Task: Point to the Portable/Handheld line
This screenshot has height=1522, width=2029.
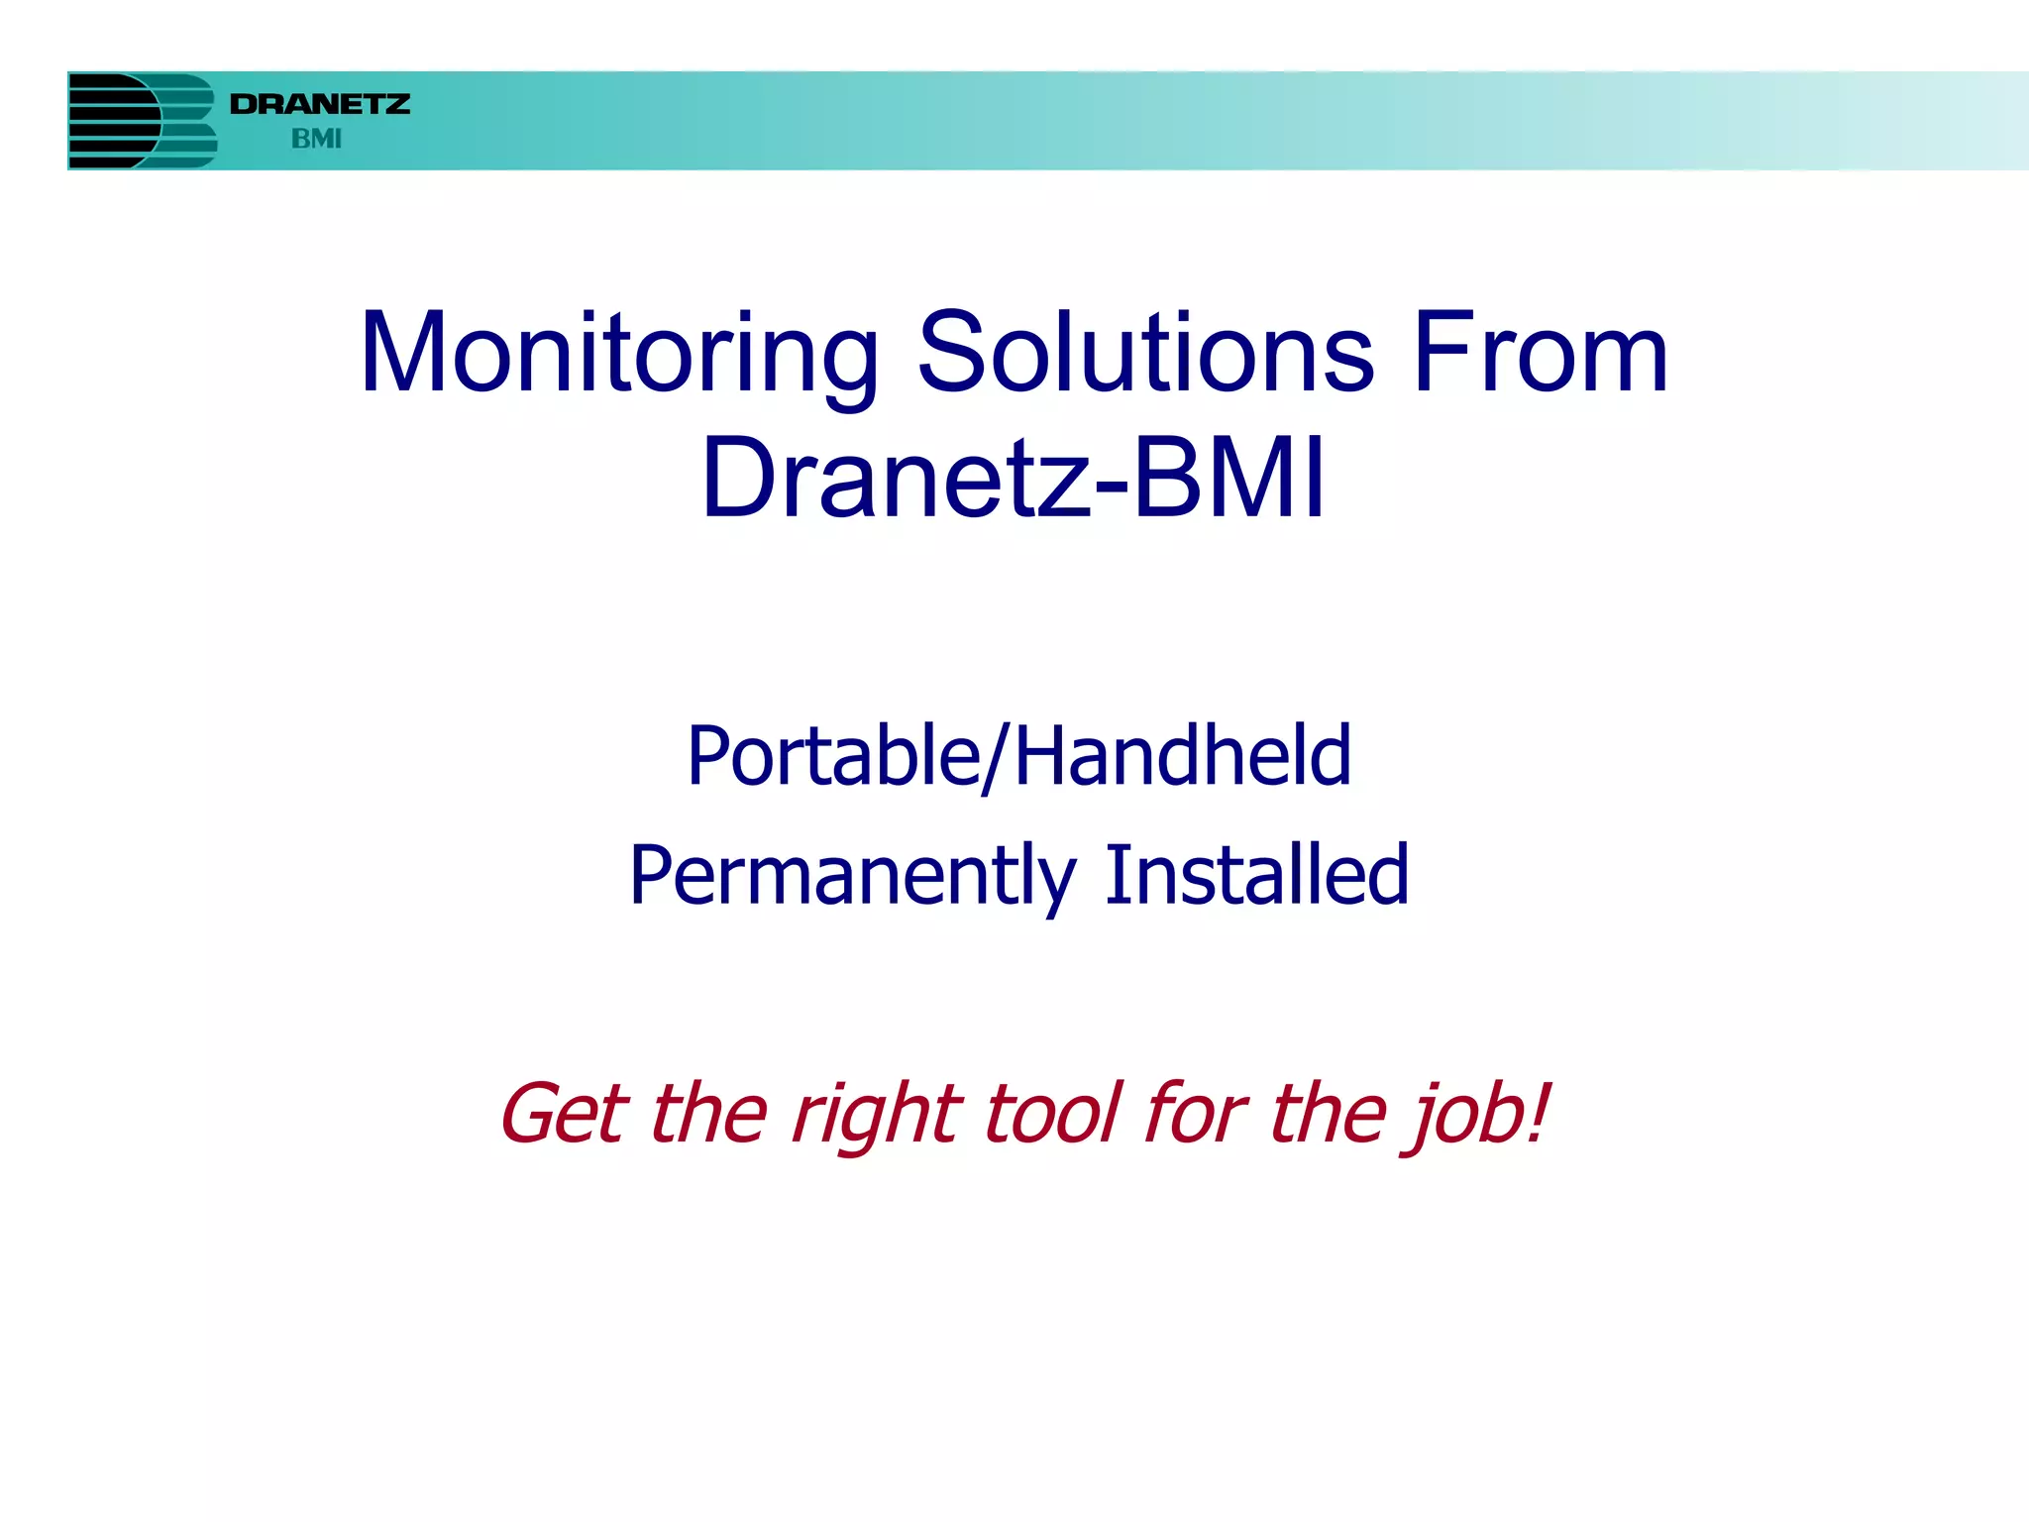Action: (x=1018, y=756)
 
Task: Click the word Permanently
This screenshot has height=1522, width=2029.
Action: (x=853, y=876)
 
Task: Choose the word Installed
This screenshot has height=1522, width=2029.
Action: (x=1256, y=875)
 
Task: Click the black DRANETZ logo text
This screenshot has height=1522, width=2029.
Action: (x=319, y=104)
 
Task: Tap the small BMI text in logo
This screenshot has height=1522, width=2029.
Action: (x=316, y=139)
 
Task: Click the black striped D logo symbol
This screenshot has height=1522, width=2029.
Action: (x=111, y=121)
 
